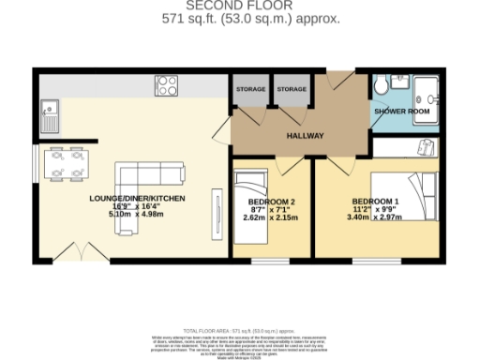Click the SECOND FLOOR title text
[239, 6]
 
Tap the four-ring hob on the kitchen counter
[168, 85]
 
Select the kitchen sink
[49, 117]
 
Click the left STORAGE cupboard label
[250, 89]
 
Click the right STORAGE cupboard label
[292, 89]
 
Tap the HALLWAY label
[306, 136]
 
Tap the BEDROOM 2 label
[272, 202]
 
